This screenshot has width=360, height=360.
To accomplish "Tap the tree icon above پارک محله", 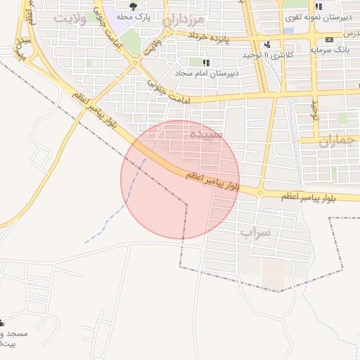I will (132, 6).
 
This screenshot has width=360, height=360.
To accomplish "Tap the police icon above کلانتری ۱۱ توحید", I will (266, 44).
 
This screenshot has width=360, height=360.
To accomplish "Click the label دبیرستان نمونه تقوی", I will (318, 15).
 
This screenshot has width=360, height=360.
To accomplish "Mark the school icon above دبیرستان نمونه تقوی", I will (319, 6).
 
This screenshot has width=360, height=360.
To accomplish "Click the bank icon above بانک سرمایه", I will (330, 40).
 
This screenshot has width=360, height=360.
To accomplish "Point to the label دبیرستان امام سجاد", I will (207, 72).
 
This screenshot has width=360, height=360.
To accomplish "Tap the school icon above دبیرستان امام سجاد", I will (206, 63).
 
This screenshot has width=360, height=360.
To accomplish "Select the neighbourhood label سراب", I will (255, 232).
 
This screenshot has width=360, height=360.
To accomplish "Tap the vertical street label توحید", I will (315, 109).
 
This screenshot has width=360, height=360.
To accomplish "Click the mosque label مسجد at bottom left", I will (14, 333).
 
